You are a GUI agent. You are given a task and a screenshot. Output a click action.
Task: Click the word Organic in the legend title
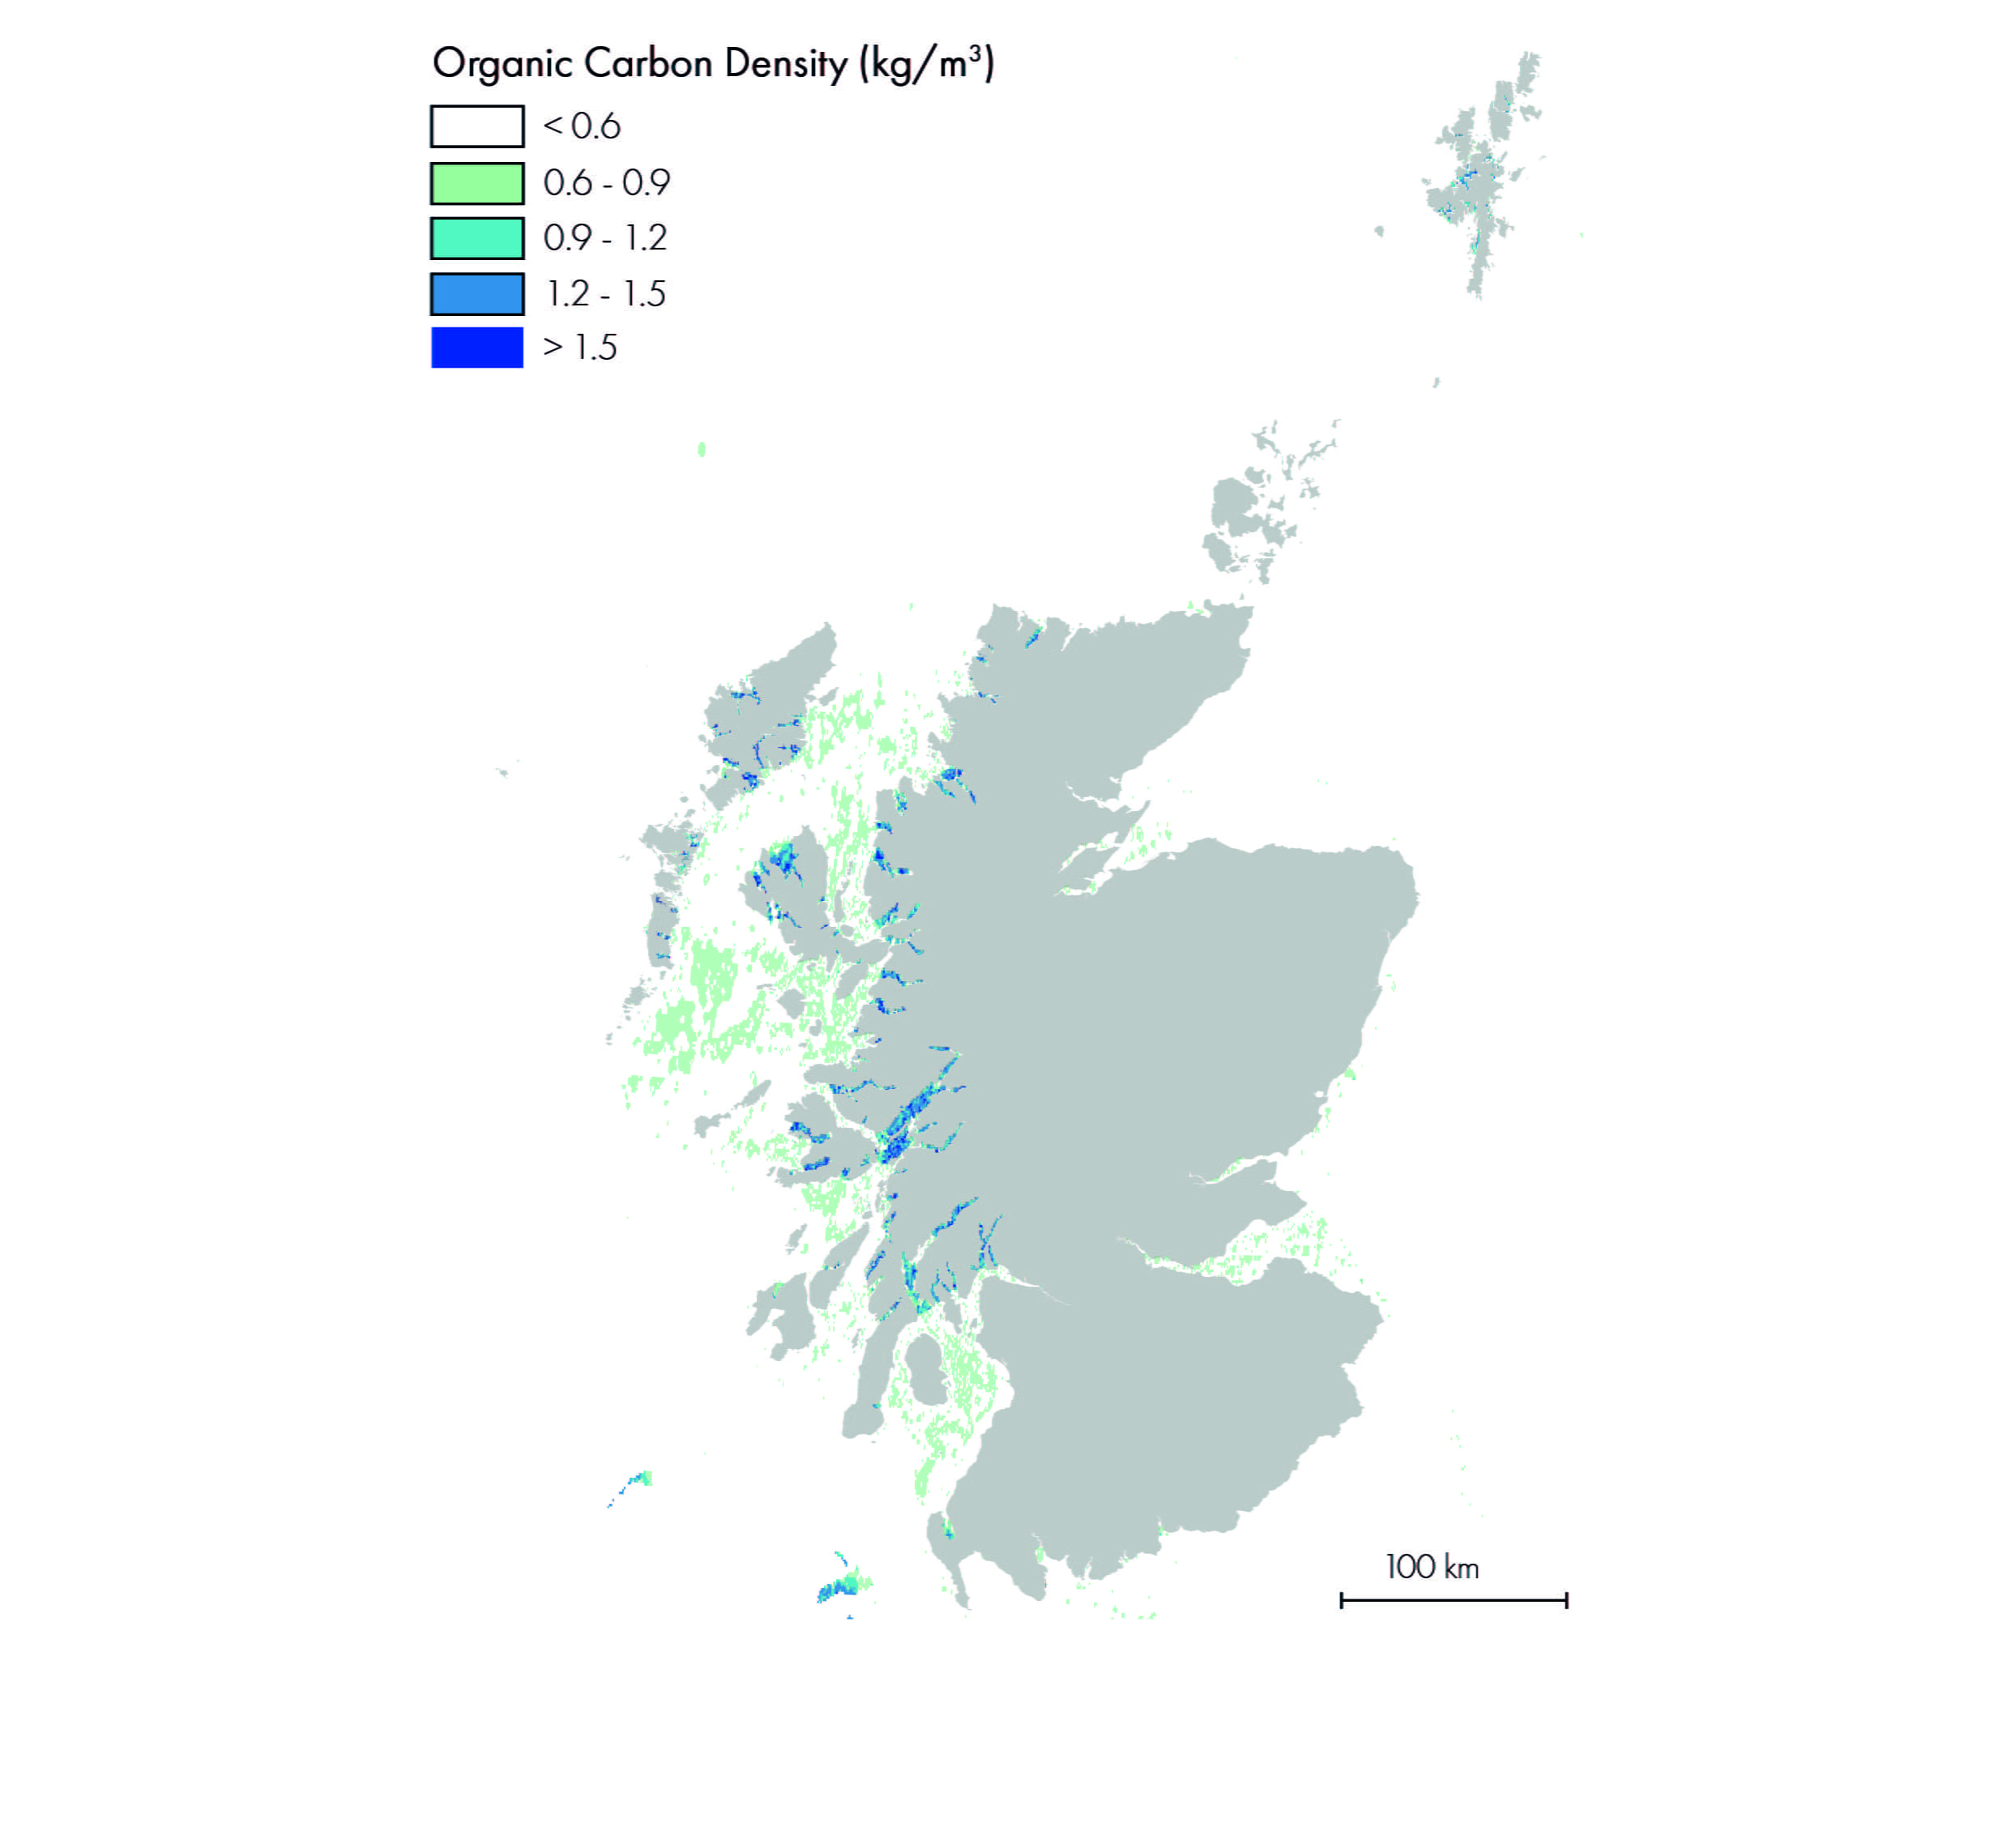[502, 64]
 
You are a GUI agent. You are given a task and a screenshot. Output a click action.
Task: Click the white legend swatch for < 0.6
[477, 126]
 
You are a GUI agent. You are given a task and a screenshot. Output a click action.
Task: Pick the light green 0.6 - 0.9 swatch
[477, 184]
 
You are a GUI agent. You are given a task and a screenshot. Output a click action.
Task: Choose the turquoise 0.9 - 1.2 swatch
[477, 238]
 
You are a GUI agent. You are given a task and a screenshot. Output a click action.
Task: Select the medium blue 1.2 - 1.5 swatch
[477, 294]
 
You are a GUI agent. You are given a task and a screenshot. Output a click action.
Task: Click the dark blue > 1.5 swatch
[477, 348]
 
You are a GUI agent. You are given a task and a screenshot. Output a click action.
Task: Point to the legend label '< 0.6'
[582, 126]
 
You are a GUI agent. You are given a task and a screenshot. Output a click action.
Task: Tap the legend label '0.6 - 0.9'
[607, 184]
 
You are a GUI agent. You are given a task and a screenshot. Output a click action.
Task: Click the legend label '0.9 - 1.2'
[604, 238]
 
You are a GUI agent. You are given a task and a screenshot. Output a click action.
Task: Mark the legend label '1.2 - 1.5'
[604, 294]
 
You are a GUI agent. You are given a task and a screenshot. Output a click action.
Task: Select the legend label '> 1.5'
[580, 348]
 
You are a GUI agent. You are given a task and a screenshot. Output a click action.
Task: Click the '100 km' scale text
[1432, 1568]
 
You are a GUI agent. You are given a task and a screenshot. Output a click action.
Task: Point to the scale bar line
[1454, 1600]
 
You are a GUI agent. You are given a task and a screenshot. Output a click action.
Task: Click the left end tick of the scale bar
[1343, 1600]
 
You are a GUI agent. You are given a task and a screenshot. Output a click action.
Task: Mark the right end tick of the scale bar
[1567, 1600]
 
